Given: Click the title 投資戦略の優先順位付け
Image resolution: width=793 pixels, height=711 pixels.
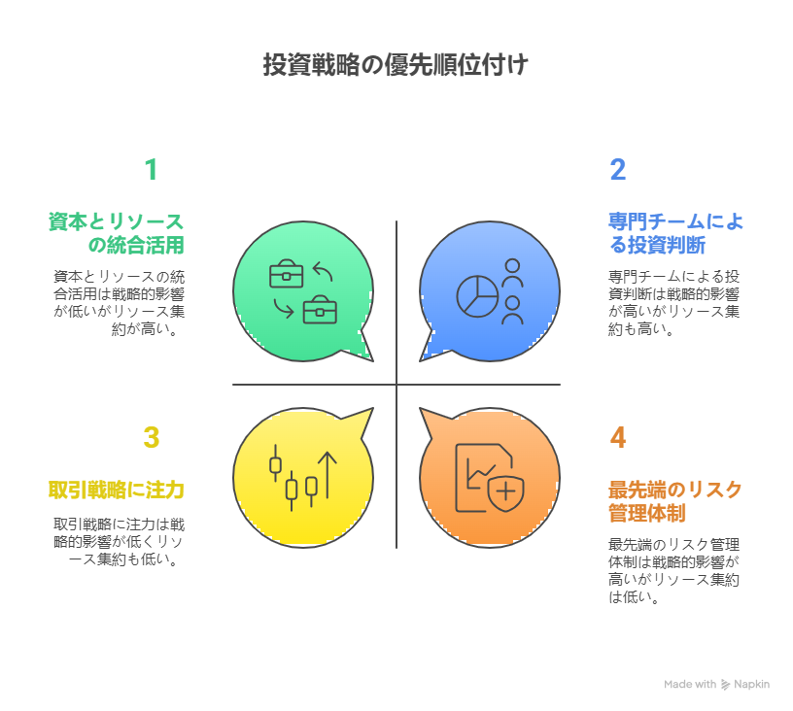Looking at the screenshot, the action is (396, 65).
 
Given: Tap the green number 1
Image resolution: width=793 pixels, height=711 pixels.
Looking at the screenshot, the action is (151, 169).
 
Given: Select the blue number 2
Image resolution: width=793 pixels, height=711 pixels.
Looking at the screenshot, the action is (617, 169).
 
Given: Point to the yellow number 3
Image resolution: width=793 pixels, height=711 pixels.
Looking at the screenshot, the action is (152, 437).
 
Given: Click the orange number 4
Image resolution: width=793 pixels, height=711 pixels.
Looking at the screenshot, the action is (617, 437).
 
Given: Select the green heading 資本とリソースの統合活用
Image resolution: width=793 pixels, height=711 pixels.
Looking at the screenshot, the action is (117, 233).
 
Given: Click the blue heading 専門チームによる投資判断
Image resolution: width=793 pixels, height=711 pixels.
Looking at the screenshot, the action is (675, 233).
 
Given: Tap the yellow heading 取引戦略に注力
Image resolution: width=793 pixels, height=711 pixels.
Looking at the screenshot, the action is (117, 491).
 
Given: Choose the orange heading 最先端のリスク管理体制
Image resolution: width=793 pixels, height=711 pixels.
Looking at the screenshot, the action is (674, 501).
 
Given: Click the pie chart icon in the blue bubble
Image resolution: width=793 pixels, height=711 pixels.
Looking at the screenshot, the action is (477, 296).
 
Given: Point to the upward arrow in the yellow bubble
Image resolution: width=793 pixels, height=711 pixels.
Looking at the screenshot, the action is (328, 474).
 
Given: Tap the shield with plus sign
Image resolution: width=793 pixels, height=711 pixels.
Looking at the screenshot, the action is (505, 491).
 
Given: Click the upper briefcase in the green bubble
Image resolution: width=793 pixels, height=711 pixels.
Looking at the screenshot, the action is (287, 274).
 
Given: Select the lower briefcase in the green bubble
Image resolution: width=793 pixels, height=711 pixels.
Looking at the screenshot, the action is (320, 309).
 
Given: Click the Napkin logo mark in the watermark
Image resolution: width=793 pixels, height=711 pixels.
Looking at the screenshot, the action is (725, 684).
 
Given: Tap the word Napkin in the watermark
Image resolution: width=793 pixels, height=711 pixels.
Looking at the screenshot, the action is (751, 684).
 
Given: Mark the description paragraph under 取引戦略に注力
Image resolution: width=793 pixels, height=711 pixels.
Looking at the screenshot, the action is (120, 542).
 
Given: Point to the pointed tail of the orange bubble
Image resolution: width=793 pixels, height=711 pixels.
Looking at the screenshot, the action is (421, 409).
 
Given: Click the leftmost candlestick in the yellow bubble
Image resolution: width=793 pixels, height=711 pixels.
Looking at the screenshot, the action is (275, 463).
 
